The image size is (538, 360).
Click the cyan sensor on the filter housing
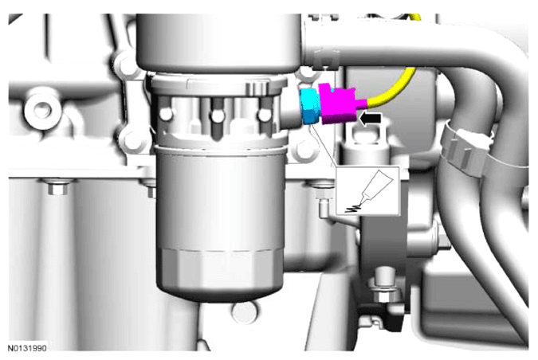tap(311, 106)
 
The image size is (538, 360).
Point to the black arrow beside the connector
tap(370, 119)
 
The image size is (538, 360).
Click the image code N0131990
tap(27, 348)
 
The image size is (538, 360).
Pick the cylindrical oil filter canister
tap(220, 223)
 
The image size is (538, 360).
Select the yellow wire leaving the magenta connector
tap(392, 88)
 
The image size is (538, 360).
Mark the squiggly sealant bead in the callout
tap(354, 208)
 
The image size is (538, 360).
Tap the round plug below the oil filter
tap(244, 313)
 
